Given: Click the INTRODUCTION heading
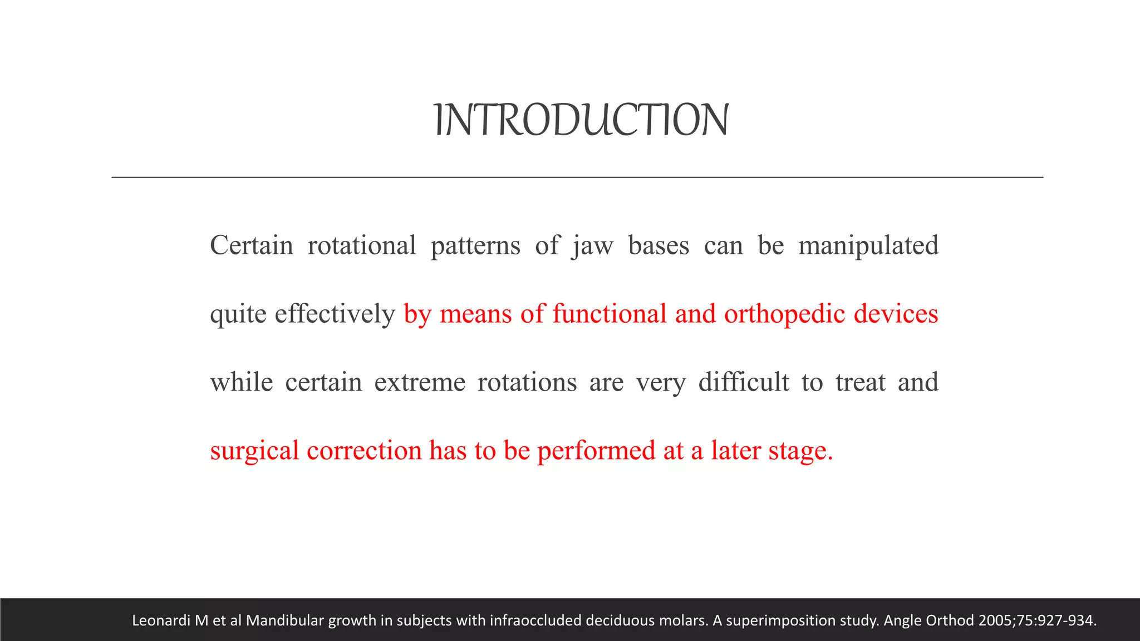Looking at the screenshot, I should (581, 120).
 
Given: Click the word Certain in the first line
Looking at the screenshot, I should (251, 245).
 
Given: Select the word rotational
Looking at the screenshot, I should (362, 245).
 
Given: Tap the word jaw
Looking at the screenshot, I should (592, 245).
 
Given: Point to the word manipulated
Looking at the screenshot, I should (868, 245).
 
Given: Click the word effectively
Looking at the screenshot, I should (335, 314).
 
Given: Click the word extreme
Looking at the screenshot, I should (420, 382).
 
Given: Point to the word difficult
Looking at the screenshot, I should (744, 382).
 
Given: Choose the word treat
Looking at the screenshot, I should (861, 382).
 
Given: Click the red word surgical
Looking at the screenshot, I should (255, 451).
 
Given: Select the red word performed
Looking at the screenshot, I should (596, 451).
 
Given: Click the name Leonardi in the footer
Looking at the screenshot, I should (161, 620).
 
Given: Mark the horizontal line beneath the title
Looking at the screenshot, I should (577, 177).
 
